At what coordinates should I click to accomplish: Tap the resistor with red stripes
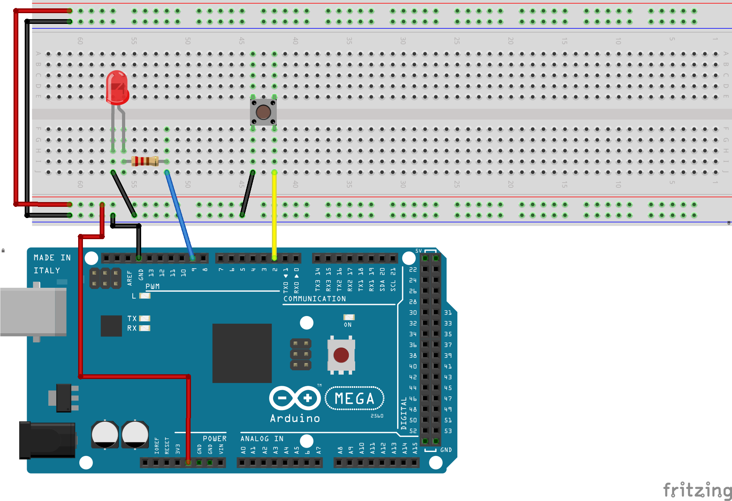[145, 161]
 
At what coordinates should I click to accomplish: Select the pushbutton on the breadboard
[263, 112]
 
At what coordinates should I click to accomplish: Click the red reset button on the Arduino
[341, 355]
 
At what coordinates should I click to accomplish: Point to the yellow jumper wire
[274, 215]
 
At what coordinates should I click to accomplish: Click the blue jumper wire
[179, 215]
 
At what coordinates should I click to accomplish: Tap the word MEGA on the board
[354, 398]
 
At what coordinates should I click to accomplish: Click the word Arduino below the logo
[295, 418]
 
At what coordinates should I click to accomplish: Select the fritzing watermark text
[697, 490]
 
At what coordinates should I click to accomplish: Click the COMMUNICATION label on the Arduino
[315, 299]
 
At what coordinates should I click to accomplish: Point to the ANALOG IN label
[262, 438]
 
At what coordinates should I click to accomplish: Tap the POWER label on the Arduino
[214, 438]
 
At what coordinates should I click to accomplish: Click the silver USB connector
[33, 312]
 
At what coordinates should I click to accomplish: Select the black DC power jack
[47, 440]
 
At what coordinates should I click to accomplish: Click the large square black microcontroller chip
[242, 353]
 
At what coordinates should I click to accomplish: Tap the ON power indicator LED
[349, 317]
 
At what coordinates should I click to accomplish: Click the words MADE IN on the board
[52, 258]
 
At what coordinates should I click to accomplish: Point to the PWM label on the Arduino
[153, 286]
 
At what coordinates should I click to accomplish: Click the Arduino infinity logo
[295, 398]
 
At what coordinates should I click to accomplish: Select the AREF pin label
[130, 278]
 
